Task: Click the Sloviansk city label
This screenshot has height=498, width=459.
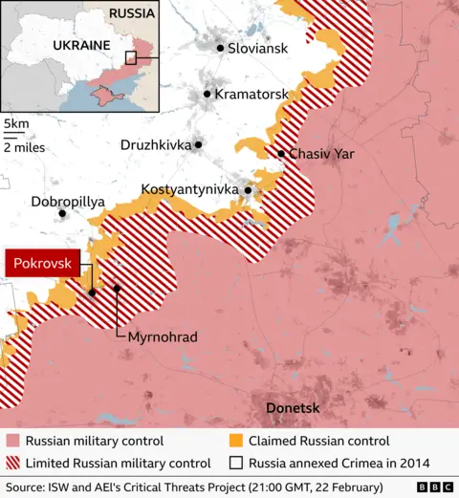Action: (x=257, y=48)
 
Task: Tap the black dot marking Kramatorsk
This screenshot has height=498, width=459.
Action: (x=207, y=95)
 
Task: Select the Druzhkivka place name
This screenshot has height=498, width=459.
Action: (x=156, y=145)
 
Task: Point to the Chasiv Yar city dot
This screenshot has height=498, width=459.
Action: (x=281, y=154)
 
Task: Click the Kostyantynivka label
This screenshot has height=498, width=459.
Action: (x=189, y=190)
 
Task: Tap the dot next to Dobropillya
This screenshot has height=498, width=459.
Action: (x=63, y=213)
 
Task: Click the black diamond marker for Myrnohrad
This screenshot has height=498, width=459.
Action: (x=117, y=288)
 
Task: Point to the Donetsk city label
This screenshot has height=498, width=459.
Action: (x=292, y=409)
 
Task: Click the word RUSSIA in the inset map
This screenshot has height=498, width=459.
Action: (x=131, y=13)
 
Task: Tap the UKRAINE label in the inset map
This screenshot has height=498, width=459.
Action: (x=79, y=46)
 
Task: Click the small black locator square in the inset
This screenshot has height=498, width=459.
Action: (x=130, y=57)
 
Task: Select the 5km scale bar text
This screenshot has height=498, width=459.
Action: (x=15, y=124)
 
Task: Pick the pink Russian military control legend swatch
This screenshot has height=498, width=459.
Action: (x=11, y=442)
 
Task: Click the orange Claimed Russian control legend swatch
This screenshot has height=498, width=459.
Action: (x=235, y=442)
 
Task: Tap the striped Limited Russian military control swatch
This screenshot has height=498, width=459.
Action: (x=11, y=464)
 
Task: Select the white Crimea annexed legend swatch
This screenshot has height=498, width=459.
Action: (x=235, y=464)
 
